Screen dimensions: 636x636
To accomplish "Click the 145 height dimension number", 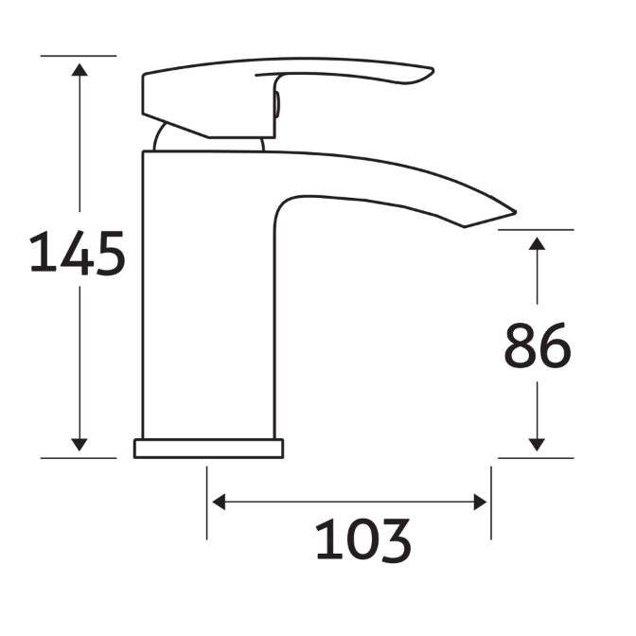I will (78, 254).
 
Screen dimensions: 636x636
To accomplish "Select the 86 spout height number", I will (537, 346).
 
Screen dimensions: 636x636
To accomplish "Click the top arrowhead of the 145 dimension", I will (79, 69).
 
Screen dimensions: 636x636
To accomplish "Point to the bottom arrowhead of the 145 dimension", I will (79, 444).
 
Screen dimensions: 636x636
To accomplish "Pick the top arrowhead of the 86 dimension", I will (537, 243).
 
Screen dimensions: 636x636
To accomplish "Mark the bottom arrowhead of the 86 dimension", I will (537, 444).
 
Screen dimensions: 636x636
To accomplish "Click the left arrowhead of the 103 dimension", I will (219, 502).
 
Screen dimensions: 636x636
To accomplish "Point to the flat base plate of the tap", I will (208, 448).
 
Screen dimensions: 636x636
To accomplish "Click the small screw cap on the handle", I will (276, 105).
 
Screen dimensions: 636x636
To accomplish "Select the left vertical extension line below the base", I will (207, 502).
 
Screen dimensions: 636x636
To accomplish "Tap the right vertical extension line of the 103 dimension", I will (490, 502).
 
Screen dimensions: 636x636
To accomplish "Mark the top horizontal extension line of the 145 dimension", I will (79, 56).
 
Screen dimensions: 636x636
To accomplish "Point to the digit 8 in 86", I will (520, 346).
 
